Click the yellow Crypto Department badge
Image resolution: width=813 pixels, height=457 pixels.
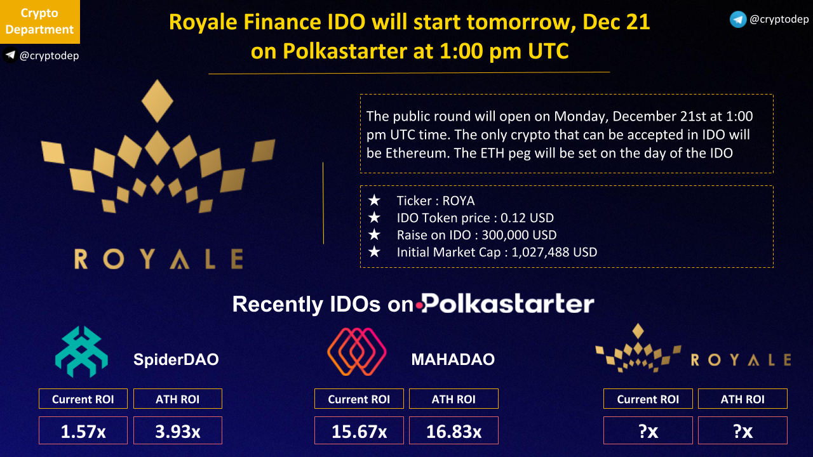click(40, 22)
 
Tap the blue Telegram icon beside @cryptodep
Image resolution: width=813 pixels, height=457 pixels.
click(738, 19)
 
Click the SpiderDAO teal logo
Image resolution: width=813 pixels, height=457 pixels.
click(81, 352)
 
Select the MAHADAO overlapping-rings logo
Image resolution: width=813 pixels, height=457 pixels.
click(357, 352)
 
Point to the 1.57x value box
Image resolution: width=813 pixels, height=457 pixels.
click(83, 430)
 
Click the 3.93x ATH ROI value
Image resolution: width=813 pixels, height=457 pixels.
click(178, 430)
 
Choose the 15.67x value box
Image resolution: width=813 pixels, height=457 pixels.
click(359, 430)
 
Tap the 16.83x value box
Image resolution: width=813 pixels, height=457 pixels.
click(454, 430)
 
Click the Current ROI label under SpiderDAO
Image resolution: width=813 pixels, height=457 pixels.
click(83, 399)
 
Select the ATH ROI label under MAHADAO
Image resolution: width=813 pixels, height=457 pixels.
click(454, 399)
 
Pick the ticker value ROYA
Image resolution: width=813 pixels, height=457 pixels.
click(459, 201)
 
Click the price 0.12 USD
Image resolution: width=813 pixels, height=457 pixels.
click(527, 218)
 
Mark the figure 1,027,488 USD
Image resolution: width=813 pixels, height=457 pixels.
click(554, 253)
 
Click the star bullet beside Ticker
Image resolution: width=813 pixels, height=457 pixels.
click(374, 200)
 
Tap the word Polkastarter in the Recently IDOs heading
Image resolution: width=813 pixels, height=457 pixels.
click(507, 303)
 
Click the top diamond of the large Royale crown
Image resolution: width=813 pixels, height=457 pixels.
click(157, 101)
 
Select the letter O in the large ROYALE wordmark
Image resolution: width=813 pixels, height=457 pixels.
click(114, 258)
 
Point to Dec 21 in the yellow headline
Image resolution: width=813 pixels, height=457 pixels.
click(616, 22)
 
